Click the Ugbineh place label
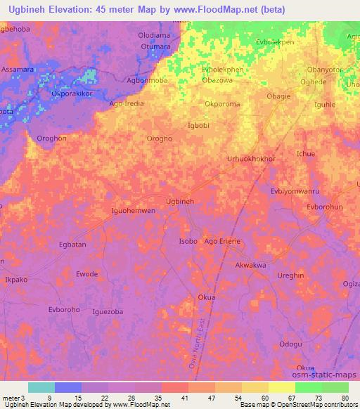pos(179,202)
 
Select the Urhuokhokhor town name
pos(251,160)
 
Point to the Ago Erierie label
pos(222,241)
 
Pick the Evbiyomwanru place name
pos(295,190)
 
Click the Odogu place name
pos(291,344)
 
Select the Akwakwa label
pos(250,266)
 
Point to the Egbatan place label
pos(72,245)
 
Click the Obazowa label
pos(217,81)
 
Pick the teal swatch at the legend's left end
pos(41,387)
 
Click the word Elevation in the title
pos(77,10)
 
